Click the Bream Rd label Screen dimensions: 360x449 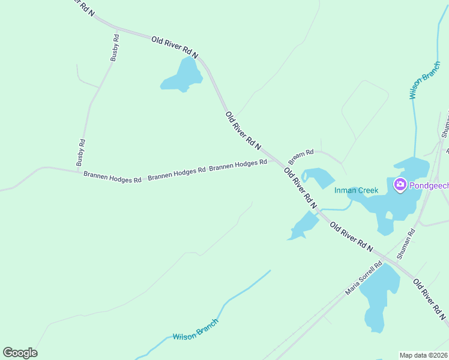(301, 157)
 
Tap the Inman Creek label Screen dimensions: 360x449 (357, 191)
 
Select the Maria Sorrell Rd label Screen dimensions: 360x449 (364, 278)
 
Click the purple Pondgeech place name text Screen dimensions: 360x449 (429, 185)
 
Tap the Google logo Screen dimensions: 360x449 (20, 352)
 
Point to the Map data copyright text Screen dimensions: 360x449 (424, 355)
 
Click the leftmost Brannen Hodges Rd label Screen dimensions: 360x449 (112, 178)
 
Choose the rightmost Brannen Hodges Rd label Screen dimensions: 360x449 (238, 164)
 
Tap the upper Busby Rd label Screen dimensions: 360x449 (115, 47)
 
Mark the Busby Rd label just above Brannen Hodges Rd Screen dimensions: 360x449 (81, 152)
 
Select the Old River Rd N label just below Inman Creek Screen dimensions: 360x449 (351, 236)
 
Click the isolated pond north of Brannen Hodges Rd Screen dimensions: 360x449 (181, 76)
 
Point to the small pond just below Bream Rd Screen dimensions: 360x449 (318, 178)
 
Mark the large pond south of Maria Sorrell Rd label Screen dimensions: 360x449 (379, 297)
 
